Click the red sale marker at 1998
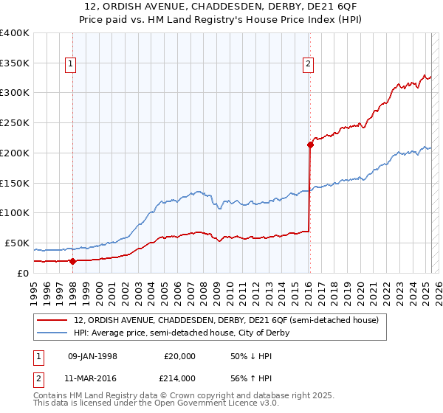pos(72,260)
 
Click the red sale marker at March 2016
pos(310,145)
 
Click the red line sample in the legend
pos(52,320)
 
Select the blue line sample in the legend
pos(52,333)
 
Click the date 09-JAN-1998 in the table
pos(92,356)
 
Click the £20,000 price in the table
pos(178,356)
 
